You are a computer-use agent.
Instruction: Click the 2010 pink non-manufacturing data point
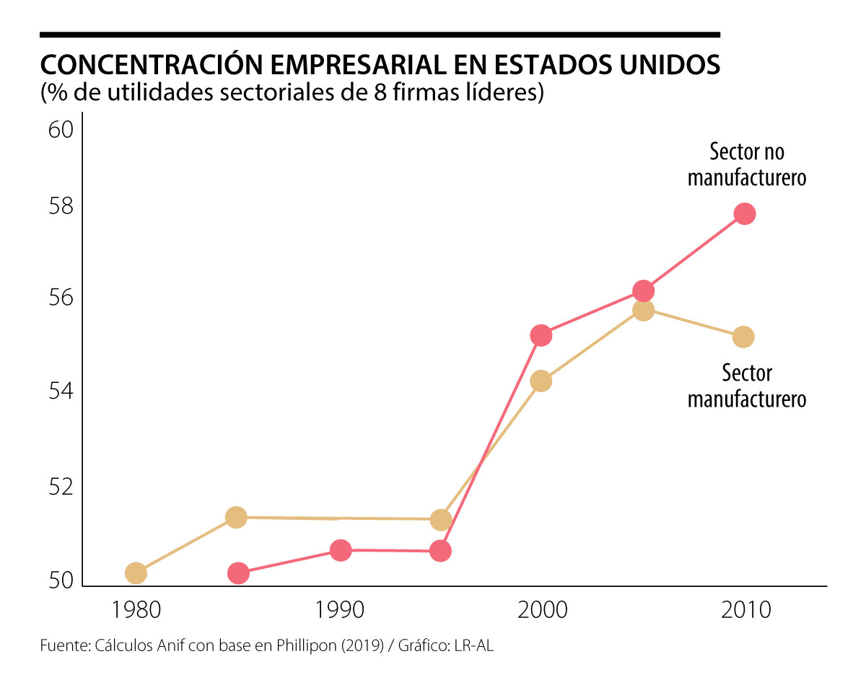coord(744,213)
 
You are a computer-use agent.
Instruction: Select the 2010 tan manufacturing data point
coord(743,337)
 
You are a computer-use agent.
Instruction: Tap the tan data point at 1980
coord(136,573)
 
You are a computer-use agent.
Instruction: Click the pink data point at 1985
coord(238,573)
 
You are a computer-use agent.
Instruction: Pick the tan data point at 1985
coord(236,517)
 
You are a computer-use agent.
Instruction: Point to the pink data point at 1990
coord(341,550)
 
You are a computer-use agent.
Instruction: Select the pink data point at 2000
coord(541,335)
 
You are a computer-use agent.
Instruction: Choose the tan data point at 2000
coord(541,381)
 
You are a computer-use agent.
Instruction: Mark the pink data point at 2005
coord(643,291)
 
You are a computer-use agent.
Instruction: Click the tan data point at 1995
coord(441,520)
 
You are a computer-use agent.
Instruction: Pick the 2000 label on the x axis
coord(541,611)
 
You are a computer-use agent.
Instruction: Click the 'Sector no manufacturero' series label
coord(746,165)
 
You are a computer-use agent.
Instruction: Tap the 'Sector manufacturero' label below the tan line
coord(746,386)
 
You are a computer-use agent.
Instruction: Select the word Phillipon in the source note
coord(305,646)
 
